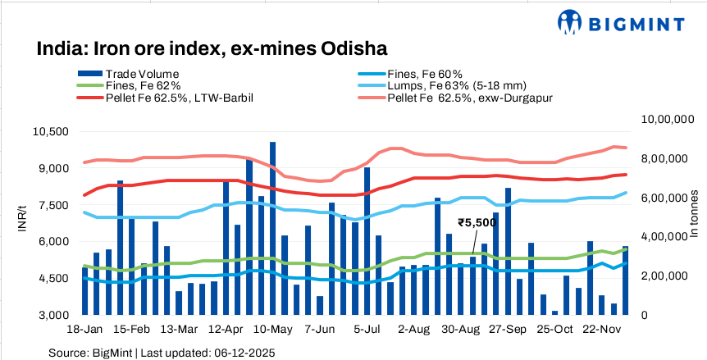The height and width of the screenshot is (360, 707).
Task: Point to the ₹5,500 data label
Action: click(x=477, y=222)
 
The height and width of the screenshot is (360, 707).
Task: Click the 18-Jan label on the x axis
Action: click(x=84, y=330)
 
